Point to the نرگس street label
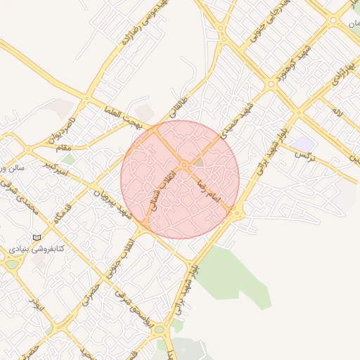click(304, 153)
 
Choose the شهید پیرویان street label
click(115, 203)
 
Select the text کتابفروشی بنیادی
click(37, 249)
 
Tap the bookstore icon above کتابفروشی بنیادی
click(37, 237)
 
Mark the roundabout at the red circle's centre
click(184, 165)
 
